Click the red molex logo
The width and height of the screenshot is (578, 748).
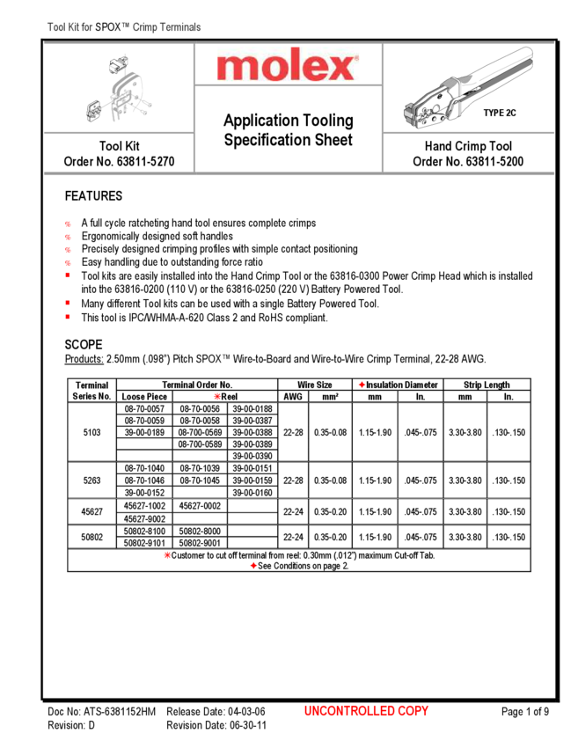click(288, 64)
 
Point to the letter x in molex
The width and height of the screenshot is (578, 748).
click(339, 67)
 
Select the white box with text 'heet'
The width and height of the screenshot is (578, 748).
click(338, 140)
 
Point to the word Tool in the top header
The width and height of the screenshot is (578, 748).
click(55, 27)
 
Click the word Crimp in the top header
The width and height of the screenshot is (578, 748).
click(144, 27)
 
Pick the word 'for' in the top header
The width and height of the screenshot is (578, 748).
click(87, 27)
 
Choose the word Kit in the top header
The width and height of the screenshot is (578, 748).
click(74, 27)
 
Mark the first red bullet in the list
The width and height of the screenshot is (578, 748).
click(68, 224)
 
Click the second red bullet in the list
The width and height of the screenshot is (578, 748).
click(68, 237)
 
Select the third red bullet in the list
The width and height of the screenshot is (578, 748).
click(68, 250)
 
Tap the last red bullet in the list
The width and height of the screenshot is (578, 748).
click(68, 316)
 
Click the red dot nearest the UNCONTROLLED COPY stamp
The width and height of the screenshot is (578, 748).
click(253, 565)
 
